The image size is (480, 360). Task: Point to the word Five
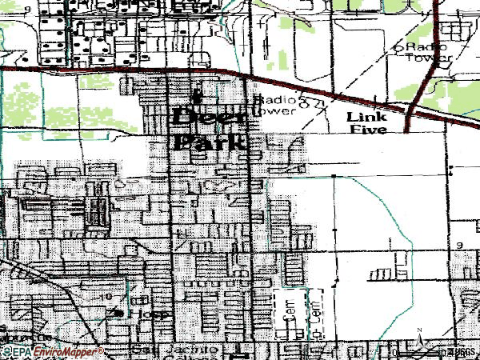pos(368,130)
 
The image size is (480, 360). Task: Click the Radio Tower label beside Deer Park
pos(277,106)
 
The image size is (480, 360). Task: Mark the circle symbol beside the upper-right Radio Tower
pos(397,48)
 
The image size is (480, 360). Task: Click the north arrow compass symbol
pos(419,339)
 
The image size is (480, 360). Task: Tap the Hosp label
pos(158,314)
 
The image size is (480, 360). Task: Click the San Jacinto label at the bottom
pos(163,350)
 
